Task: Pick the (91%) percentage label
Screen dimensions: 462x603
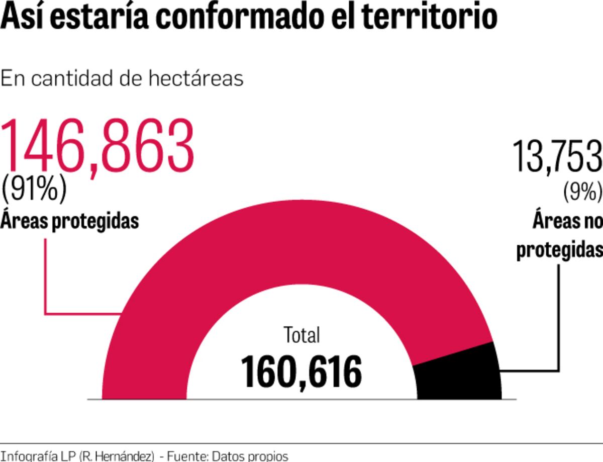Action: tap(34, 189)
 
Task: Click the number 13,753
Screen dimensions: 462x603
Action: tap(557, 157)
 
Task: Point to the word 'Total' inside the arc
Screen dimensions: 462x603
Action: tap(301, 335)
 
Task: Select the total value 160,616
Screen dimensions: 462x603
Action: tap(301, 372)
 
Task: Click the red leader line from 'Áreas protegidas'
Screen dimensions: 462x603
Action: tap(46, 282)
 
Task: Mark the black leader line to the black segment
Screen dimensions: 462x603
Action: tap(558, 322)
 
